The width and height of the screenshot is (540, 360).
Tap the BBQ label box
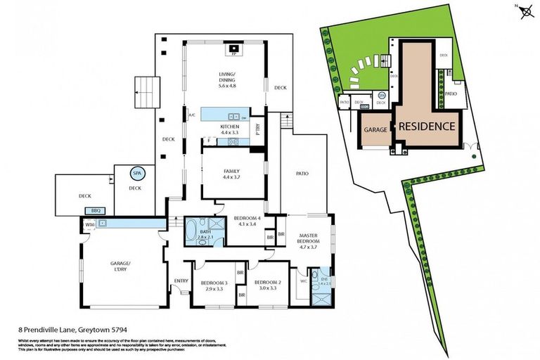(96, 210)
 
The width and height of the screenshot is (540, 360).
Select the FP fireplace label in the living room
(233, 53)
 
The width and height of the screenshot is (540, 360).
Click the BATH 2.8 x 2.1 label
(205, 236)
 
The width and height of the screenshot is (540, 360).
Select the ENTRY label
(181, 281)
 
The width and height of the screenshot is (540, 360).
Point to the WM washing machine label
(89, 224)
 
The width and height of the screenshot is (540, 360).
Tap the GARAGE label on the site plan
(376, 130)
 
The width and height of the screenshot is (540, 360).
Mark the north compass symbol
(522, 8)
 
